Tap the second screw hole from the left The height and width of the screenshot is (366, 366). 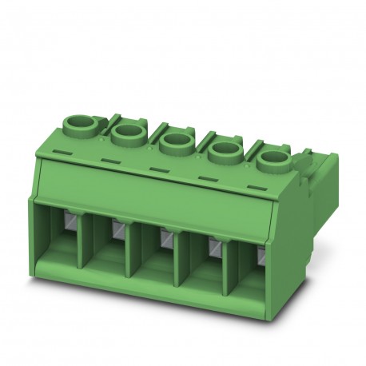126,131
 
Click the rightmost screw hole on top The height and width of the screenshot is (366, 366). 273,157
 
